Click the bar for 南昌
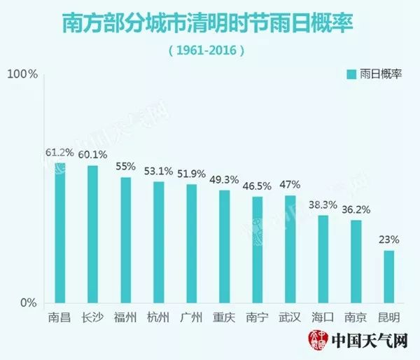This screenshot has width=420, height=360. [60, 233]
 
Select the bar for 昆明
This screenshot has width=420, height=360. [389, 277]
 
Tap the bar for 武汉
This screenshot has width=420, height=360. [290, 249]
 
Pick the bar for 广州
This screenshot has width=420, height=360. [191, 244]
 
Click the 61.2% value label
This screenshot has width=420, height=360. [59, 152]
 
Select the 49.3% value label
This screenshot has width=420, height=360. [224, 179]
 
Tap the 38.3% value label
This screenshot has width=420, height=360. [323, 204]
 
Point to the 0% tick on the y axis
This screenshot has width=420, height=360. [27, 303]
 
